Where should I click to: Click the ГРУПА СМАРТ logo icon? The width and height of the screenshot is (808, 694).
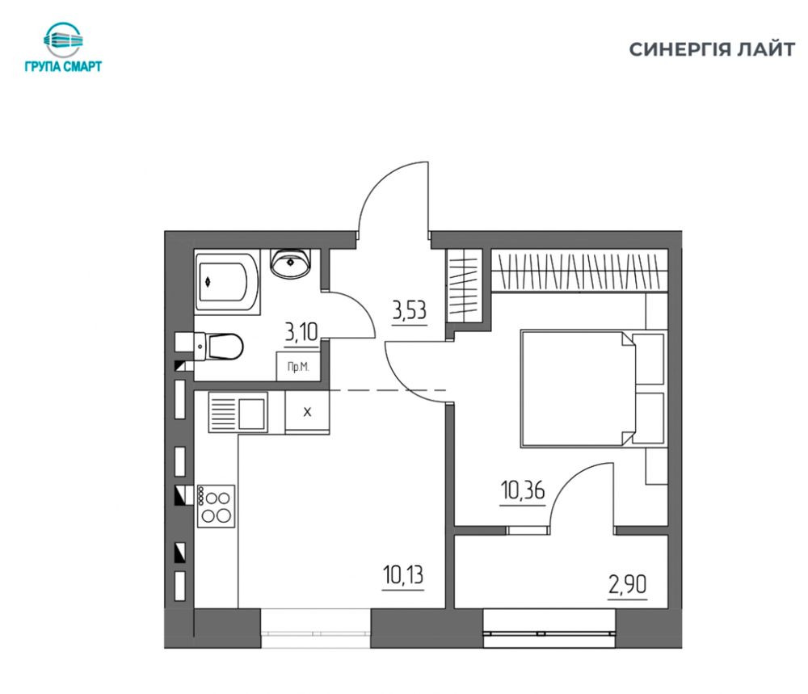63,40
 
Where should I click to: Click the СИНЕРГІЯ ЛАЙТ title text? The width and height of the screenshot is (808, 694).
712,49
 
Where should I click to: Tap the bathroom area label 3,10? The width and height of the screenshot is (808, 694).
301,332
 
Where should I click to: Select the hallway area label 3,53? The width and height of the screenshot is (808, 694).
410,311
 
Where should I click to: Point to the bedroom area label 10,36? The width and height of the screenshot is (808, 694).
523,490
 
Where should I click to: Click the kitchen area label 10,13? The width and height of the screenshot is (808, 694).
403,574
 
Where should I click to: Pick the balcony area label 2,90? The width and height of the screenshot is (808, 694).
627,585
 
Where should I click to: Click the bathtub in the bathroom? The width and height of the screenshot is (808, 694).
227,281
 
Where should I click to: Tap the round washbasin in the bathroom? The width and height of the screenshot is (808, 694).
291,263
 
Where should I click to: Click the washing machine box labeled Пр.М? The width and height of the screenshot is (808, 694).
298,366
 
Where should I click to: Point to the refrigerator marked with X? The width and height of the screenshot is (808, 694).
307,412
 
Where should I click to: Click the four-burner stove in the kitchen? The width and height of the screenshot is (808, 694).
216,506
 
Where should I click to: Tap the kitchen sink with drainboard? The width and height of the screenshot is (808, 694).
238,412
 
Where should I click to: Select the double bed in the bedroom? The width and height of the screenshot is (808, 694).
592,389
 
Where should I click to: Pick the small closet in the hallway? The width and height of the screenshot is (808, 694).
464,286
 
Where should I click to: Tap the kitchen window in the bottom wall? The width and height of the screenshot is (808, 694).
316,628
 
